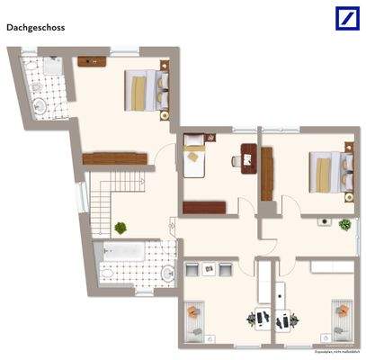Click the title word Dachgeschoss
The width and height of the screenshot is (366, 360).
point(35,28)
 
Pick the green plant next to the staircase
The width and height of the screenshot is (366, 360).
point(121,229)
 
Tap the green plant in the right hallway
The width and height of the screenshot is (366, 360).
point(343,224)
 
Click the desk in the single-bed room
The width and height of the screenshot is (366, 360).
point(247,158)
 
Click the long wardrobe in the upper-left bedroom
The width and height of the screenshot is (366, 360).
point(114,158)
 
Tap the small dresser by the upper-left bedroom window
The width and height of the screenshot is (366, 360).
point(91,61)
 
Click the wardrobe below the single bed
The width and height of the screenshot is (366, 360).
point(203,208)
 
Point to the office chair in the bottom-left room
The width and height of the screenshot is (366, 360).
point(254,318)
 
